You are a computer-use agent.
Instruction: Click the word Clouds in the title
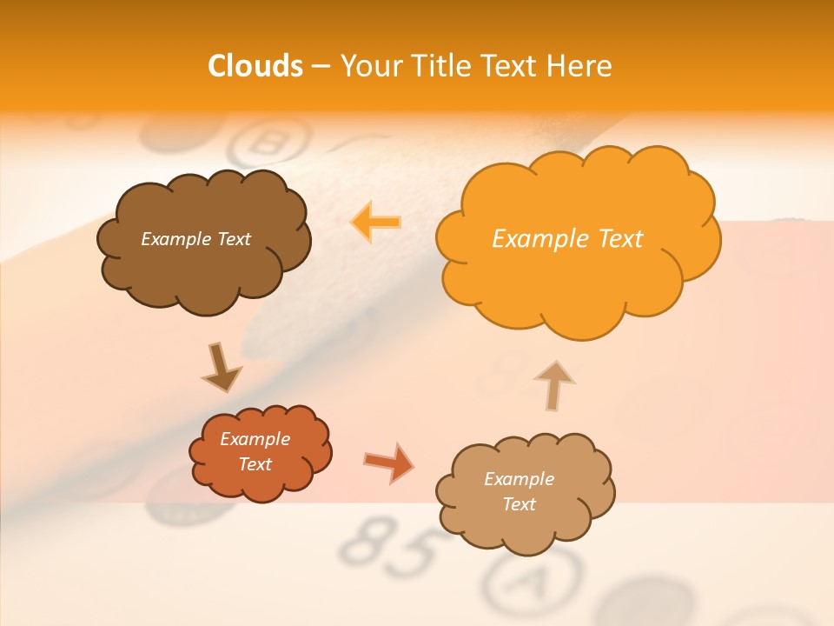pos(255,66)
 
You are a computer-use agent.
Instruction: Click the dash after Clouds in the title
pos(320,67)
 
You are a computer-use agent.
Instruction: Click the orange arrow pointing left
pos(375,222)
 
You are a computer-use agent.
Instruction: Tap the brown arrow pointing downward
pos(221,367)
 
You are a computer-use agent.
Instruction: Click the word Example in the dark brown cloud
pos(175,239)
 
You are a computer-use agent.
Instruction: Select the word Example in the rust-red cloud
pos(255,439)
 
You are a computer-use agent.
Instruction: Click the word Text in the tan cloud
pos(519,504)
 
